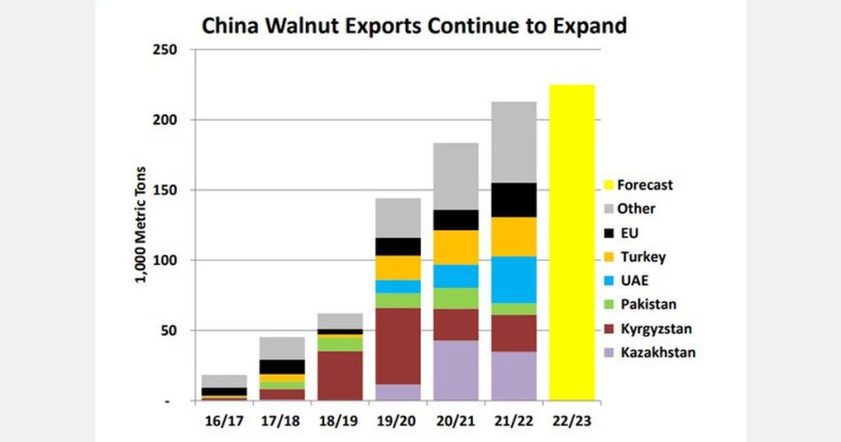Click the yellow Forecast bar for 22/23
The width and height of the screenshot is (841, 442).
(x=572, y=242)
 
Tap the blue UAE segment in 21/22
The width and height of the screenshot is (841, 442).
(x=514, y=279)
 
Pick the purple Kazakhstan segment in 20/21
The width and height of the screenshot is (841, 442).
(x=456, y=371)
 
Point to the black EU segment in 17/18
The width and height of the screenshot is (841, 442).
(x=282, y=366)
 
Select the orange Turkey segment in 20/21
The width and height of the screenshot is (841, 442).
(x=456, y=247)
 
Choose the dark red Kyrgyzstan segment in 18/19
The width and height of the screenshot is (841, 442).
(x=340, y=375)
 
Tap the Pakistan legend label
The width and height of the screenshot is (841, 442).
(x=648, y=304)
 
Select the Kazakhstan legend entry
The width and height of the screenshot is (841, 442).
(x=655, y=352)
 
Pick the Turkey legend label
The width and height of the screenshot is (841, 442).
(x=642, y=257)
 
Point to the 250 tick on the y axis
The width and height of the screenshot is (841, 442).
(x=167, y=50)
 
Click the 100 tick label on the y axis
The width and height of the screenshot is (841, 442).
(x=167, y=260)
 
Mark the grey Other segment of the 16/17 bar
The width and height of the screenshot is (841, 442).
(x=224, y=381)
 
